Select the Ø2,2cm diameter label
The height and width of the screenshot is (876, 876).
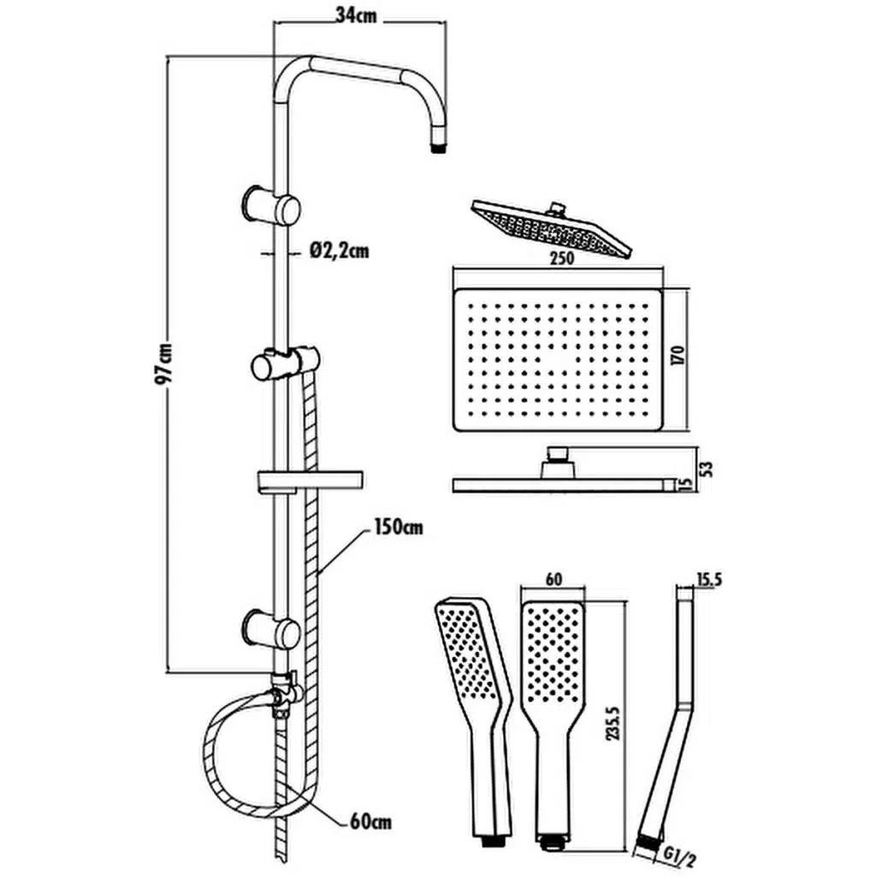pos(340,251)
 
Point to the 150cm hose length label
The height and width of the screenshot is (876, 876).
pos(397,527)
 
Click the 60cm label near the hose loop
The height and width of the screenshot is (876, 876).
pos(370,822)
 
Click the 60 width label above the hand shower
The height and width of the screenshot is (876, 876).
pos(553,579)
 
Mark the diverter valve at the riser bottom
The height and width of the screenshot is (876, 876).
pos(282,690)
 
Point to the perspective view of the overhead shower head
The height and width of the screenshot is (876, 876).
pos(551,227)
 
